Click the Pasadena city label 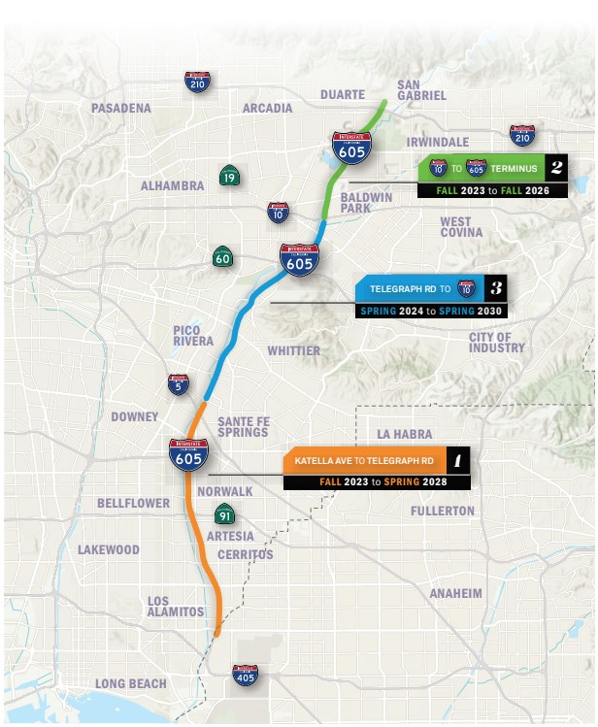(121, 108)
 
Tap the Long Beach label (131, 684)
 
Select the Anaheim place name (455, 593)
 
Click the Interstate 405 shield (245, 674)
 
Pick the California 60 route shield (222, 258)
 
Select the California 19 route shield (228, 176)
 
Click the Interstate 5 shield (178, 384)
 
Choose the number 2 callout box (556, 168)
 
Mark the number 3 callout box (495, 288)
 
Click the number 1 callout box (458, 459)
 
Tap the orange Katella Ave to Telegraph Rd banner (364, 459)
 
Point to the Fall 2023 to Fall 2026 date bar (492, 191)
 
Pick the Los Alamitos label (176, 607)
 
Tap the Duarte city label (343, 95)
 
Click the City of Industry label (496, 343)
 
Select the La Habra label (405, 433)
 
